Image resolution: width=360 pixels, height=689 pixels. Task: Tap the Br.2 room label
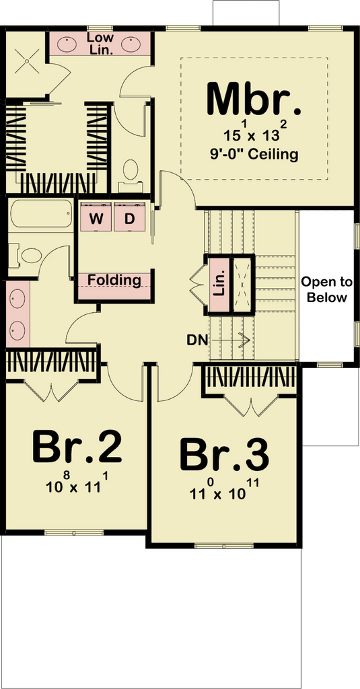click(77, 447)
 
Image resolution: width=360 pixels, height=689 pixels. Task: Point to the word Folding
click(114, 280)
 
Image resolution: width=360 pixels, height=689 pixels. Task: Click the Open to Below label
click(326, 289)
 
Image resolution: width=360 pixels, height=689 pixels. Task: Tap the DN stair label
click(196, 339)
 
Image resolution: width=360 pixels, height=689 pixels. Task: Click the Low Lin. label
click(102, 43)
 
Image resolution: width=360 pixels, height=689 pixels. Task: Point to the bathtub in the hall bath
click(40, 214)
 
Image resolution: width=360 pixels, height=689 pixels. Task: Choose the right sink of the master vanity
click(132, 44)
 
